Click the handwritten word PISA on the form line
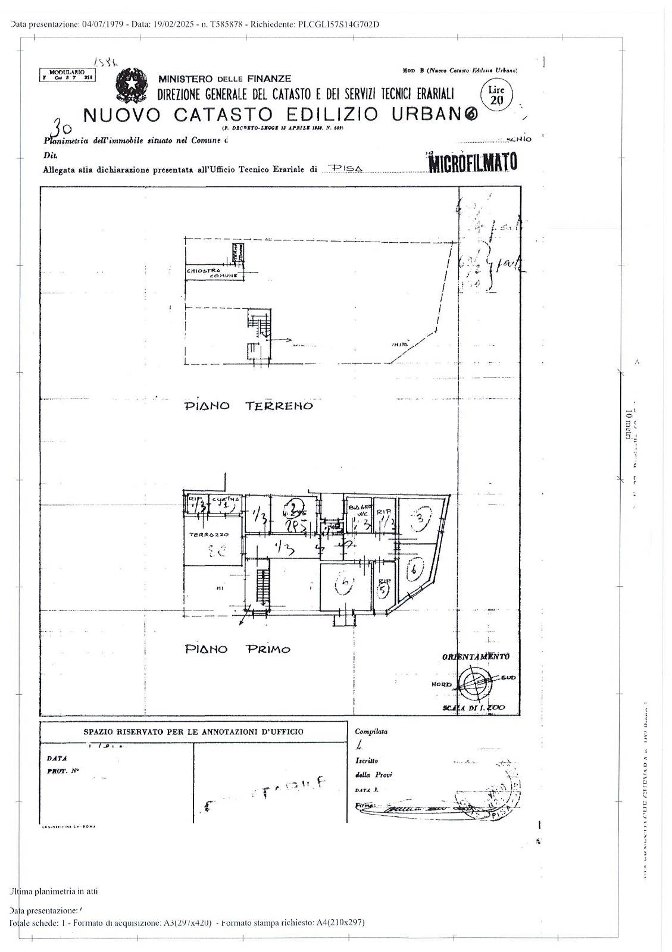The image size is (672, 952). pos(346,168)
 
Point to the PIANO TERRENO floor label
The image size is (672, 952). pos(249,406)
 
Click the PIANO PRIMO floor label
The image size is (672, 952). pos(237,649)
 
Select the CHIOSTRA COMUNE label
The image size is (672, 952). pos(212,273)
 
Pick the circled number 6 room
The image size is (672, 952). pos(415,570)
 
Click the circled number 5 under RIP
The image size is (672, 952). pos(383,589)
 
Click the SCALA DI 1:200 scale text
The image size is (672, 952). pos(474,707)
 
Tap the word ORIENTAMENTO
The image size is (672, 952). pos(475,656)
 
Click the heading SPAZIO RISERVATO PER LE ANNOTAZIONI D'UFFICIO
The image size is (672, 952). pos(193,732)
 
